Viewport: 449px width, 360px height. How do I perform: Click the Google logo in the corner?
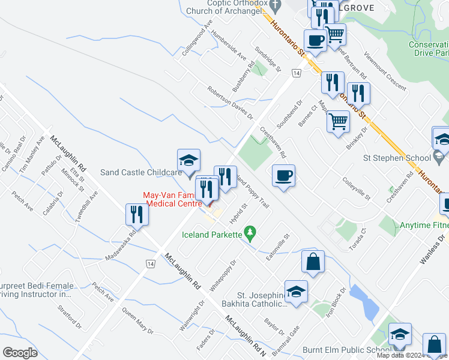20,353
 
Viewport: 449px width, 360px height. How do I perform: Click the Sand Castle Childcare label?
140,172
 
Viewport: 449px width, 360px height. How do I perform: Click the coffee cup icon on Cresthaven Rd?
283,176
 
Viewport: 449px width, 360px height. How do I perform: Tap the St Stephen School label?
399,158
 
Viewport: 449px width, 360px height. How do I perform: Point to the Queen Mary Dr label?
138,321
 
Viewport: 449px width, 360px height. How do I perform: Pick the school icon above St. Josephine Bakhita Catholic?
296,292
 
